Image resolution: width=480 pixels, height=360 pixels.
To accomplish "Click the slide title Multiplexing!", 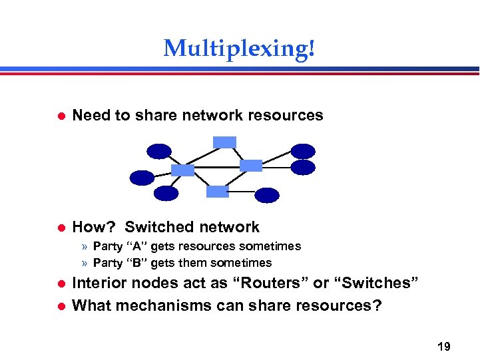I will click(239, 48).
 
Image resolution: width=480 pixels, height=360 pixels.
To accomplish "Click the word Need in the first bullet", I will click(92, 115).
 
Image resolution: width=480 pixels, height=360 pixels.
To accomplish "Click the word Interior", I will click(101, 283).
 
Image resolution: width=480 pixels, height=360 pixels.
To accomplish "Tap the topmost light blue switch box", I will click(224, 142).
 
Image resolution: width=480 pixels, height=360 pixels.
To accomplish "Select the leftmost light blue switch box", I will click(182, 170).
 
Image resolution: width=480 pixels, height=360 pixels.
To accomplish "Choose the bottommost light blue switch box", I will click(217, 192).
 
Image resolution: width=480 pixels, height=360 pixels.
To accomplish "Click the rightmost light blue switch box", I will click(251, 165).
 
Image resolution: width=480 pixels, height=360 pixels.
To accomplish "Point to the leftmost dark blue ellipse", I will click(142, 178).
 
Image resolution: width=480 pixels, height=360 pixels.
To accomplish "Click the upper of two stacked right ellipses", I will click(303, 152).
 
